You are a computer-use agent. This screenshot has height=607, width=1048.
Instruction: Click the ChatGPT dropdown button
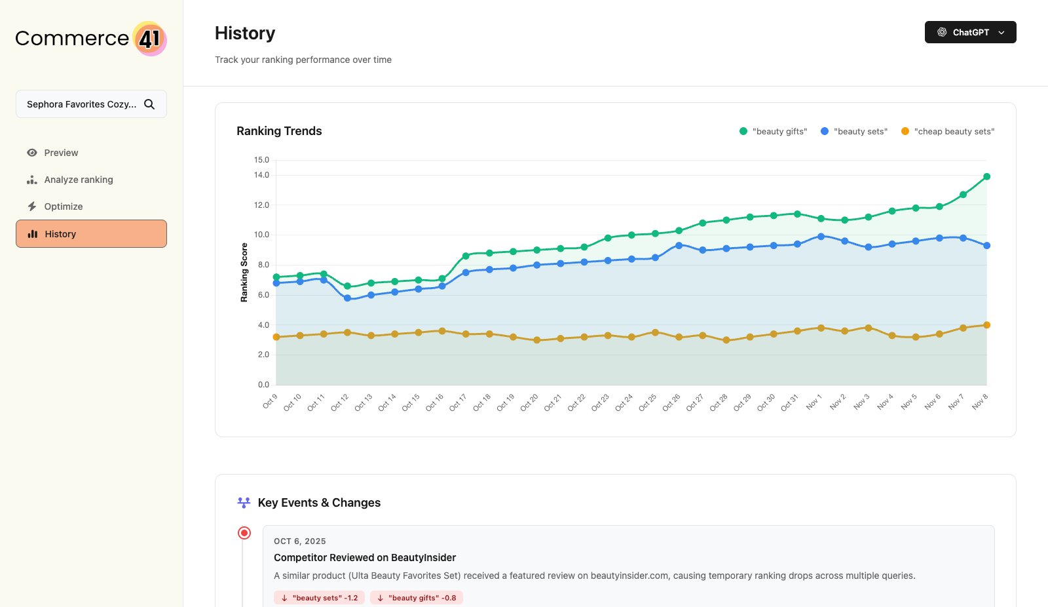pos(970,32)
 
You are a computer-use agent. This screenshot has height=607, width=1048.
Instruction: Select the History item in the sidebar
pos(91,234)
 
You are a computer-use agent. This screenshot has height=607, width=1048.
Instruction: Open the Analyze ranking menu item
pos(78,180)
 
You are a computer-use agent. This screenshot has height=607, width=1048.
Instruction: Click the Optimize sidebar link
pos(63,206)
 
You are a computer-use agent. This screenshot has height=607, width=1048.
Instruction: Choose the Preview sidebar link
pos(61,153)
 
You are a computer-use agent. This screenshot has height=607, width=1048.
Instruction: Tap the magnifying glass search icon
pos(149,104)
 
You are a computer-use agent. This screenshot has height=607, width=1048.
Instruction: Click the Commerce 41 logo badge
pos(150,39)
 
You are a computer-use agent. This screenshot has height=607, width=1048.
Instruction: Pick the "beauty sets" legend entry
pos(854,131)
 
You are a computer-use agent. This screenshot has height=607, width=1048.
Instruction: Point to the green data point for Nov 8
pos(986,176)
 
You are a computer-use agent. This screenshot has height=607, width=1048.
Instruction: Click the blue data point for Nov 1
pos(821,237)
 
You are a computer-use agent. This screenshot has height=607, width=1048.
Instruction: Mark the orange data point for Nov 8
pos(986,325)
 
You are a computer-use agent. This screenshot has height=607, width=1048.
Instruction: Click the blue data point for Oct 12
pos(347,298)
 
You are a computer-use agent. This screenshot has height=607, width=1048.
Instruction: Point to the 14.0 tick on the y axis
pos(261,175)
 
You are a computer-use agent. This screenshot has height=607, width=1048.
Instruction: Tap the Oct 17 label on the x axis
pos(458,402)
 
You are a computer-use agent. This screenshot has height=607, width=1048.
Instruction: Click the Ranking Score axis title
pos(244,273)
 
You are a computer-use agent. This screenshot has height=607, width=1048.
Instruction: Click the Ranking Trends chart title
pos(279,131)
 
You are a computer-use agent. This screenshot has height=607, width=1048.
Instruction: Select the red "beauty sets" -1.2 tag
pos(319,598)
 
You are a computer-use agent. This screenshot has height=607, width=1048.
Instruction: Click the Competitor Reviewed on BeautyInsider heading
pos(365,558)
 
